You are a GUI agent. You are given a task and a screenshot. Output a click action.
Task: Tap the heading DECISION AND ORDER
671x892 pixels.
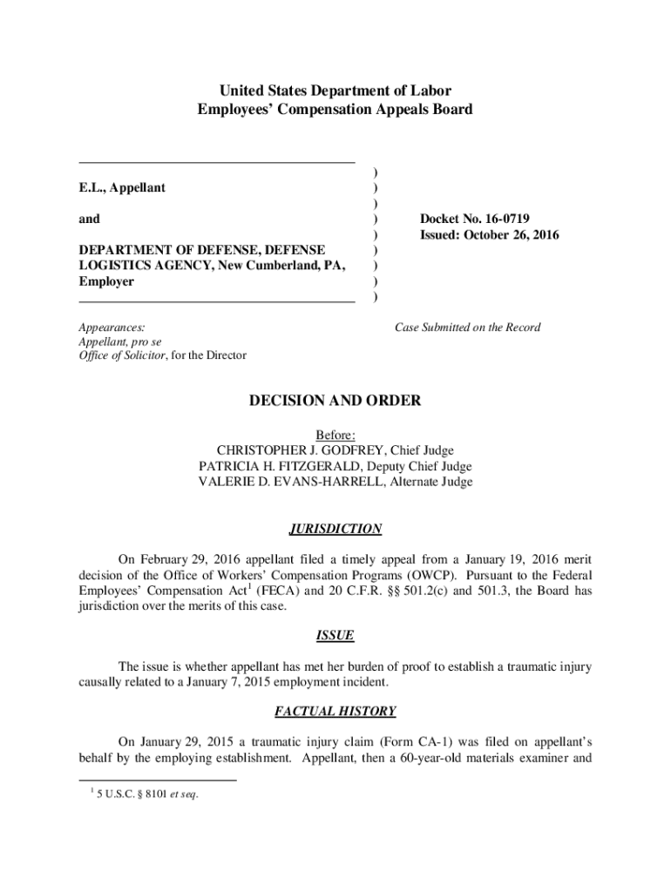click(335, 402)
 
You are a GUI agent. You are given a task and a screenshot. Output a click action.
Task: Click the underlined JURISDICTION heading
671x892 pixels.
click(335, 529)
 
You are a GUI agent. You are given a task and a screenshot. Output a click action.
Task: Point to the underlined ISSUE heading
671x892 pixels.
click(335, 635)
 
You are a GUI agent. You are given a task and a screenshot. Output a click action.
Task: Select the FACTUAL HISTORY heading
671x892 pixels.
click(335, 711)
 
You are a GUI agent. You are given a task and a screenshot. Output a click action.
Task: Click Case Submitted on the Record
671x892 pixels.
click(467, 328)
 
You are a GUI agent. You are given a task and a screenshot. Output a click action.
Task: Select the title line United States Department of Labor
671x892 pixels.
click(335, 91)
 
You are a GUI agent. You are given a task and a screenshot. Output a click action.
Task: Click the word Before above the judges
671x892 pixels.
click(335, 436)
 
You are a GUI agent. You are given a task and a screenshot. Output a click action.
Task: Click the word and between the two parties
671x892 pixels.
click(89, 220)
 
